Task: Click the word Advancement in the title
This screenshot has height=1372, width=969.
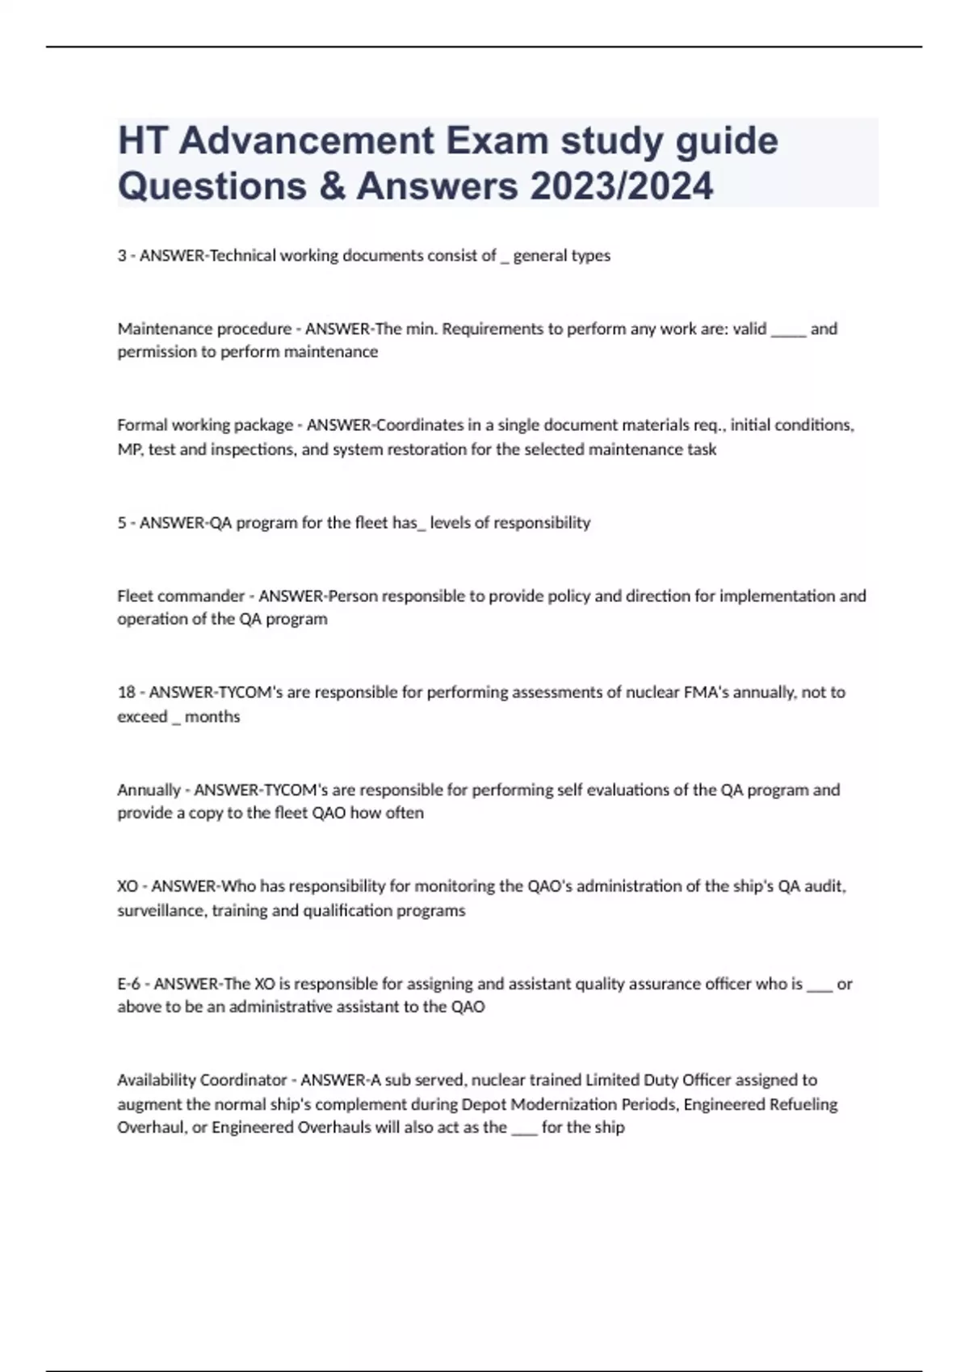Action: (x=304, y=140)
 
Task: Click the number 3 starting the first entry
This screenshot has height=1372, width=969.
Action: (x=122, y=256)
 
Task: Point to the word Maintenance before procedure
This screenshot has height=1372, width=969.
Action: (x=160, y=329)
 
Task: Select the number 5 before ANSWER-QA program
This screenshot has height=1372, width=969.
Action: (x=122, y=523)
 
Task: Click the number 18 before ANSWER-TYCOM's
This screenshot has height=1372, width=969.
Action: (x=127, y=692)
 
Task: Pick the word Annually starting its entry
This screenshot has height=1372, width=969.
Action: (x=149, y=790)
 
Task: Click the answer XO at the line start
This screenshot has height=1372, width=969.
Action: (x=128, y=886)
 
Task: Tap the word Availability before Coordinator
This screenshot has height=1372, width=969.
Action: (x=156, y=1080)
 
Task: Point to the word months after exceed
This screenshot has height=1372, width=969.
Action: (x=212, y=717)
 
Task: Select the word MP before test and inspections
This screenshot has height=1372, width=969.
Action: (x=128, y=450)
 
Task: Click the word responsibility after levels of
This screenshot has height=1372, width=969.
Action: (x=542, y=523)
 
